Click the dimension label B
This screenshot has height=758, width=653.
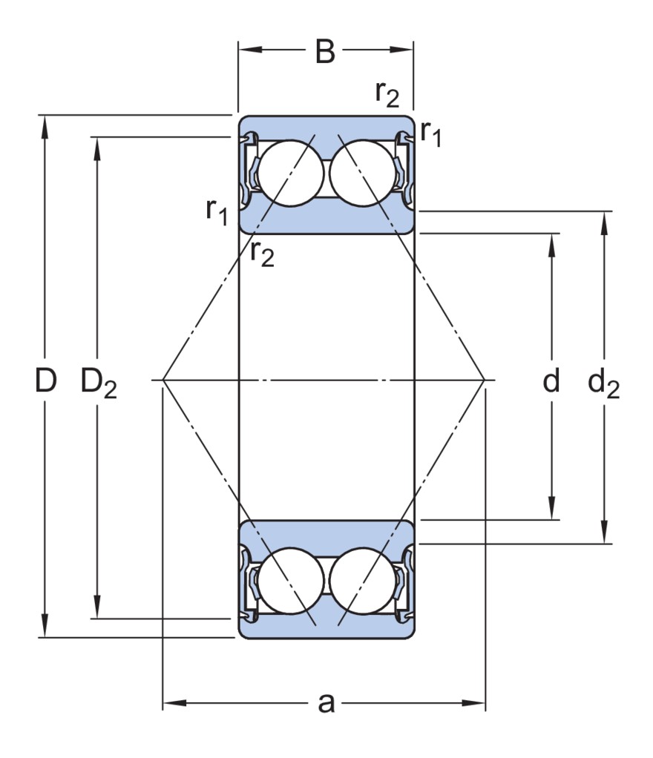[x=325, y=52]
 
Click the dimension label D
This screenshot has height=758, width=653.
[x=46, y=381]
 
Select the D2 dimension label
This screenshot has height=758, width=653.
[x=98, y=383]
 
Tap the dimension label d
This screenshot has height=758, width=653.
[x=551, y=381]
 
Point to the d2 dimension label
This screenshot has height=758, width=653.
[x=603, y=383]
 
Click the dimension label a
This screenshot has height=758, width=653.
[x=326, y=702]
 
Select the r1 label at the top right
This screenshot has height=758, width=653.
[x=430, y=134]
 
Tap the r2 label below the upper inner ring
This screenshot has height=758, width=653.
[x=262, y=254]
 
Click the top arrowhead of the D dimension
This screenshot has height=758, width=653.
[x=46, y=123]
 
